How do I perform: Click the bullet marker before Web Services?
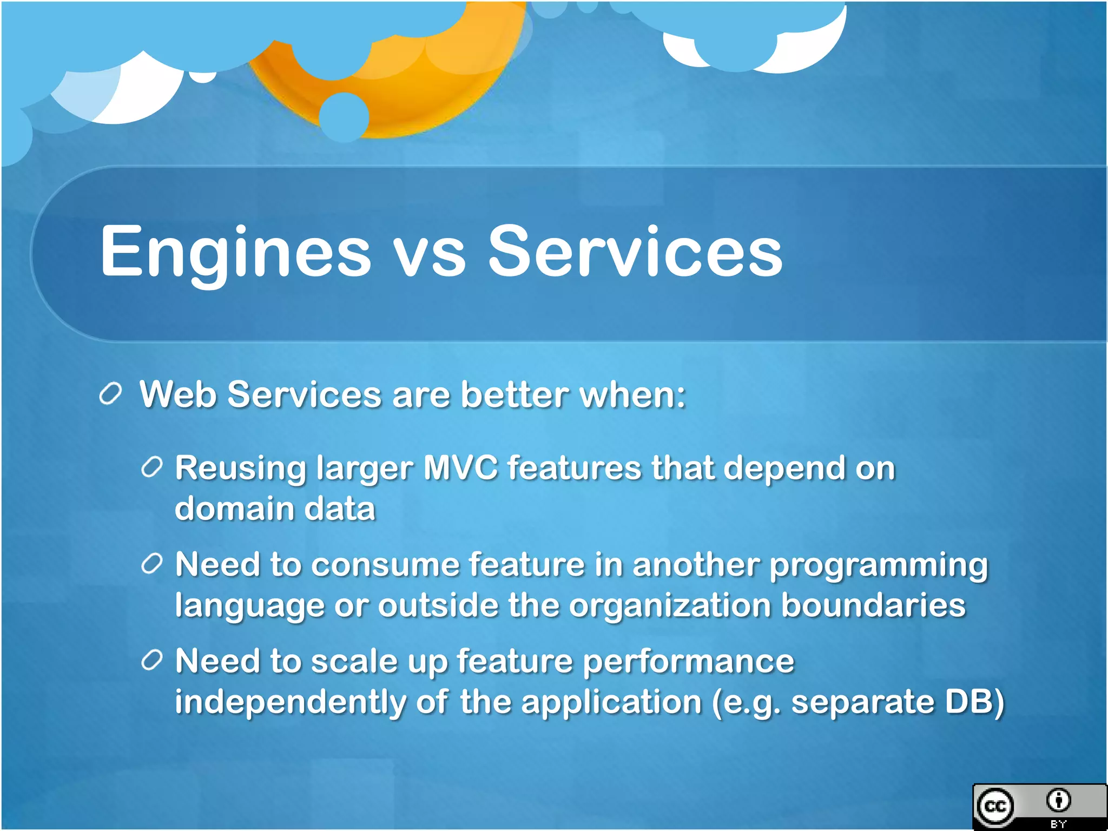click(111, 393)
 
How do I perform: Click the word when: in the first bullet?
click(632, 394)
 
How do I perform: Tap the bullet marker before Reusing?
click(152, 467)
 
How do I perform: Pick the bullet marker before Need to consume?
click(152, 564)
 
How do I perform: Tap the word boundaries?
click(873, 605)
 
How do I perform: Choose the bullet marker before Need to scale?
click(152, 661)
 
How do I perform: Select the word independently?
click(290, 703)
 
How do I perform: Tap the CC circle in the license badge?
click(995, 806)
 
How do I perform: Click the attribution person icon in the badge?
click(1058, 800)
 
